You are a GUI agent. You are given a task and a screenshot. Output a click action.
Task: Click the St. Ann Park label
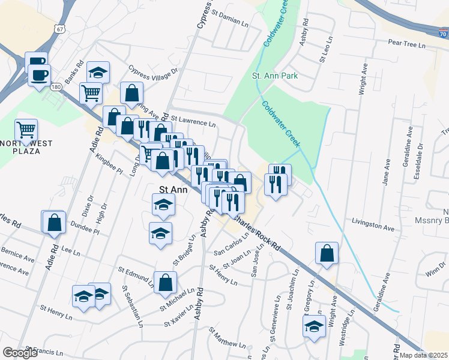tap(274, 76)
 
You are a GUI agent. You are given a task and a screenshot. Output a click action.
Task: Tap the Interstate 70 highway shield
tap(442, 28)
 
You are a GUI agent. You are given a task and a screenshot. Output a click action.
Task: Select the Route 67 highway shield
tap(59, 28)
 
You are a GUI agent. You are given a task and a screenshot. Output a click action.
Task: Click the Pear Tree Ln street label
tap(406, 44)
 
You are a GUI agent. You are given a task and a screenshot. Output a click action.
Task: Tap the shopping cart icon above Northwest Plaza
tap(26, 129)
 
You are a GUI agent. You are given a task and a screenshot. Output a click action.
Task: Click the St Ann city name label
tap(173, 190)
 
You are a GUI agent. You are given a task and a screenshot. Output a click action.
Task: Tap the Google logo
tap(20, 353)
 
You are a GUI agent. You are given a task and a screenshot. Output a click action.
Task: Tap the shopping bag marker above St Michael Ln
tap(165, 282)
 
